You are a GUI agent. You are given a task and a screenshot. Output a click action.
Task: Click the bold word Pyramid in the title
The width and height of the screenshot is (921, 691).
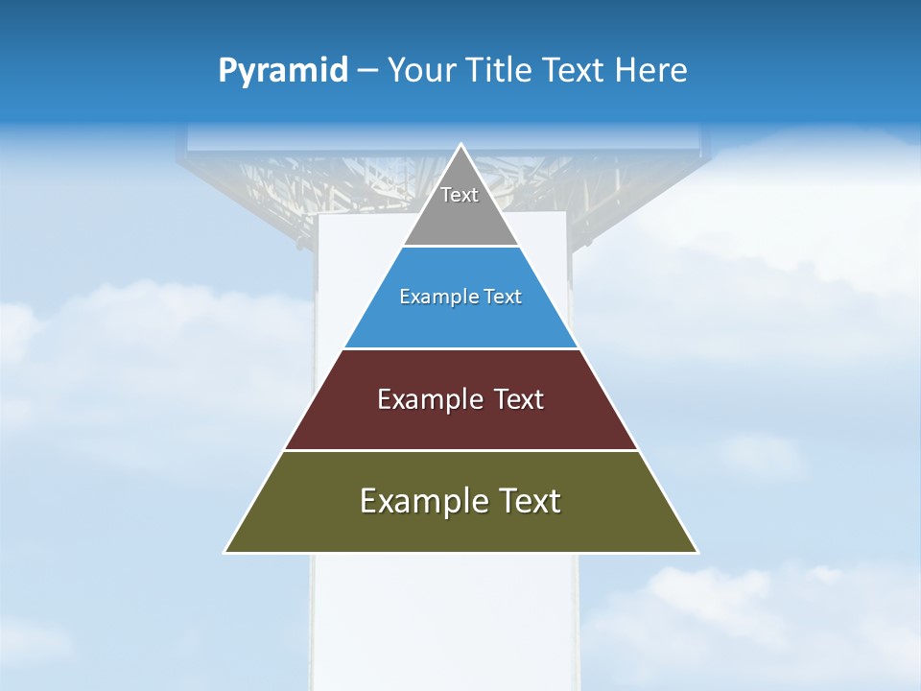[x=283, y=71]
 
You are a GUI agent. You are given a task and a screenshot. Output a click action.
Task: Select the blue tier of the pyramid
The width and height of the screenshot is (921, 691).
[x=460, y=322]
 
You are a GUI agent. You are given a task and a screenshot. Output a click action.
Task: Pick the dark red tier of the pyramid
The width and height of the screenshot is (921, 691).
[x=460, y=422]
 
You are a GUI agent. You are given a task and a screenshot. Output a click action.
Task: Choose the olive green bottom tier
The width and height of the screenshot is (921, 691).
[x=460, y=528]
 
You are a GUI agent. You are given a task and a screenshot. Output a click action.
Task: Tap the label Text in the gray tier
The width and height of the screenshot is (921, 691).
[x=460, y=195]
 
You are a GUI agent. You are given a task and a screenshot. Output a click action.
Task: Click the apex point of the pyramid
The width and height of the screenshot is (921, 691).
[x=460, y=146]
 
